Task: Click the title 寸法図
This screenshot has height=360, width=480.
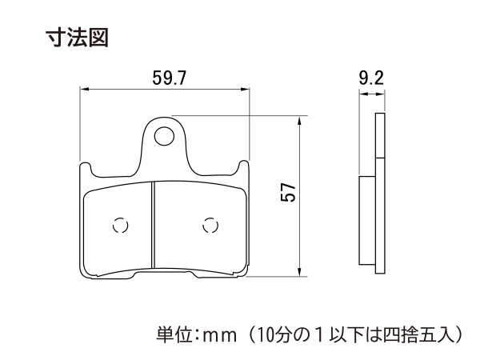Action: pyautogui.click(x=77, y=38)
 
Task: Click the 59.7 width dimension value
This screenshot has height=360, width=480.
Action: pyautogui.click(x=170, y=78)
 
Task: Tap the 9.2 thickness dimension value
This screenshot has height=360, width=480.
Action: pyautogui.click(x=371, y=78)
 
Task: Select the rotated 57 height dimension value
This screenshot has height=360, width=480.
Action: pyautogui.click(x=288, y=192)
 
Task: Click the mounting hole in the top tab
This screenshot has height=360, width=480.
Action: pyautogui.click(x=164, y=136)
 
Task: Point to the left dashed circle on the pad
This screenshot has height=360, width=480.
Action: pyautogui.click(x=120, y=226)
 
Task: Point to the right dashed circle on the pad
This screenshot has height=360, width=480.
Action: pyautogui.click(x=210, y=226)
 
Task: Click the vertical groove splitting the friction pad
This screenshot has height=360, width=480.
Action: pyautogui.click(x=153, y=225)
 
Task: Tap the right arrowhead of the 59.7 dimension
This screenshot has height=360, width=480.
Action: pyautogui.click(x=245, y=89)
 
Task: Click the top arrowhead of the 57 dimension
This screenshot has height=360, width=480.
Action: pyautogui.click(x=299, y=120)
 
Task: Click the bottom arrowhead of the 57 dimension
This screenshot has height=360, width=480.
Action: pyautogui.click(x=299, y=272)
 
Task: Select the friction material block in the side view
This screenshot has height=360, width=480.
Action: pyautogui.click(x=367, y=220)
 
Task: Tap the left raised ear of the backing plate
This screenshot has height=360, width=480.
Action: pyautogui.click(x=86, y=168)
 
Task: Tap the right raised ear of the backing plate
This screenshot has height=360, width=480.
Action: pyautogui.click(x=244, y=166)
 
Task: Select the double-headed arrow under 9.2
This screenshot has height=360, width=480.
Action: pyautogui.click(x=372, y=94)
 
